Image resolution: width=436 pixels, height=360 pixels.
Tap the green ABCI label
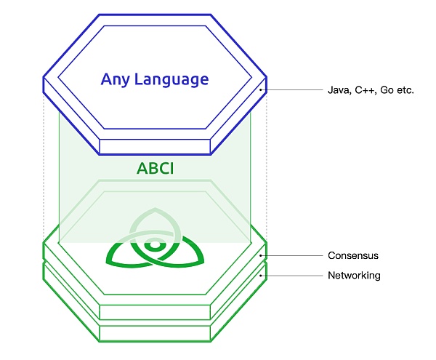tap(155, 169)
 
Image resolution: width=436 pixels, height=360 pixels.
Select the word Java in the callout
tap(337, 91)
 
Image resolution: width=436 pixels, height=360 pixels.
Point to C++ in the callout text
tap(365, 91)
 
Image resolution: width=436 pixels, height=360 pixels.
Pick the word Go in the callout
tap(387, 91)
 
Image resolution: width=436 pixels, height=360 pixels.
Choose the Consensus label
tap(353, 255)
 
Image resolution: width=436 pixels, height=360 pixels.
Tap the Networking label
tap(354, 276)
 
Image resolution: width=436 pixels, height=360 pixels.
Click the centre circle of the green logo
tap(155, 246)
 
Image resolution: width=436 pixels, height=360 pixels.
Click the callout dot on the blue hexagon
tap(261, 91)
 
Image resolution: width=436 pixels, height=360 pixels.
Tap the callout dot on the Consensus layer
tap(261, 255)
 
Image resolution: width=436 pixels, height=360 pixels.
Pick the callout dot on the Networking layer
tap(261, 276)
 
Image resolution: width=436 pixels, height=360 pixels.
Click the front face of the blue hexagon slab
tap(155, 147)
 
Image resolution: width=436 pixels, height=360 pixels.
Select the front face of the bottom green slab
tap(155, 334)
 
